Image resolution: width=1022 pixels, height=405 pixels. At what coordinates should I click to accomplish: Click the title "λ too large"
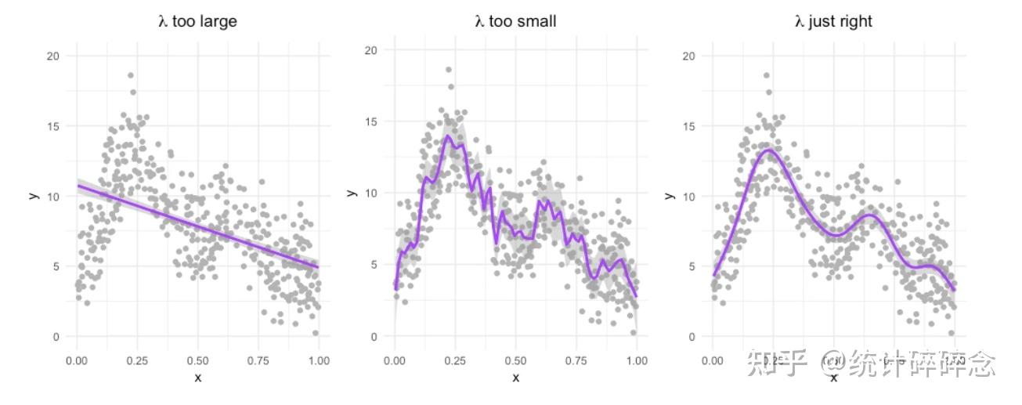(197, 22)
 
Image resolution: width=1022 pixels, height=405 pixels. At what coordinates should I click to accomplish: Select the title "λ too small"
(515, 21)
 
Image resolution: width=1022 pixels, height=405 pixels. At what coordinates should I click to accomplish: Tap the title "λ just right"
(833, 22)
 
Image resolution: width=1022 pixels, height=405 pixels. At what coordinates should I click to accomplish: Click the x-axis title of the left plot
(197, 378)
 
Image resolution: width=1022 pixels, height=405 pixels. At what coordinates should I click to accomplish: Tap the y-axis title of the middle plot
(352, 193)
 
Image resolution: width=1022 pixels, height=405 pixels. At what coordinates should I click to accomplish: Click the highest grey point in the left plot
(130, 75)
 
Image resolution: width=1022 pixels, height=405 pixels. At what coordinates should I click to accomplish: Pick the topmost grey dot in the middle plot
(448, 70)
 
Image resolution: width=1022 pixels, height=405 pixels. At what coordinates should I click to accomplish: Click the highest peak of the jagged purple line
(448, 136)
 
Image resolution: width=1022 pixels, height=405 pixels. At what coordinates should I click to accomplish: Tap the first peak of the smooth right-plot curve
(769, 150)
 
